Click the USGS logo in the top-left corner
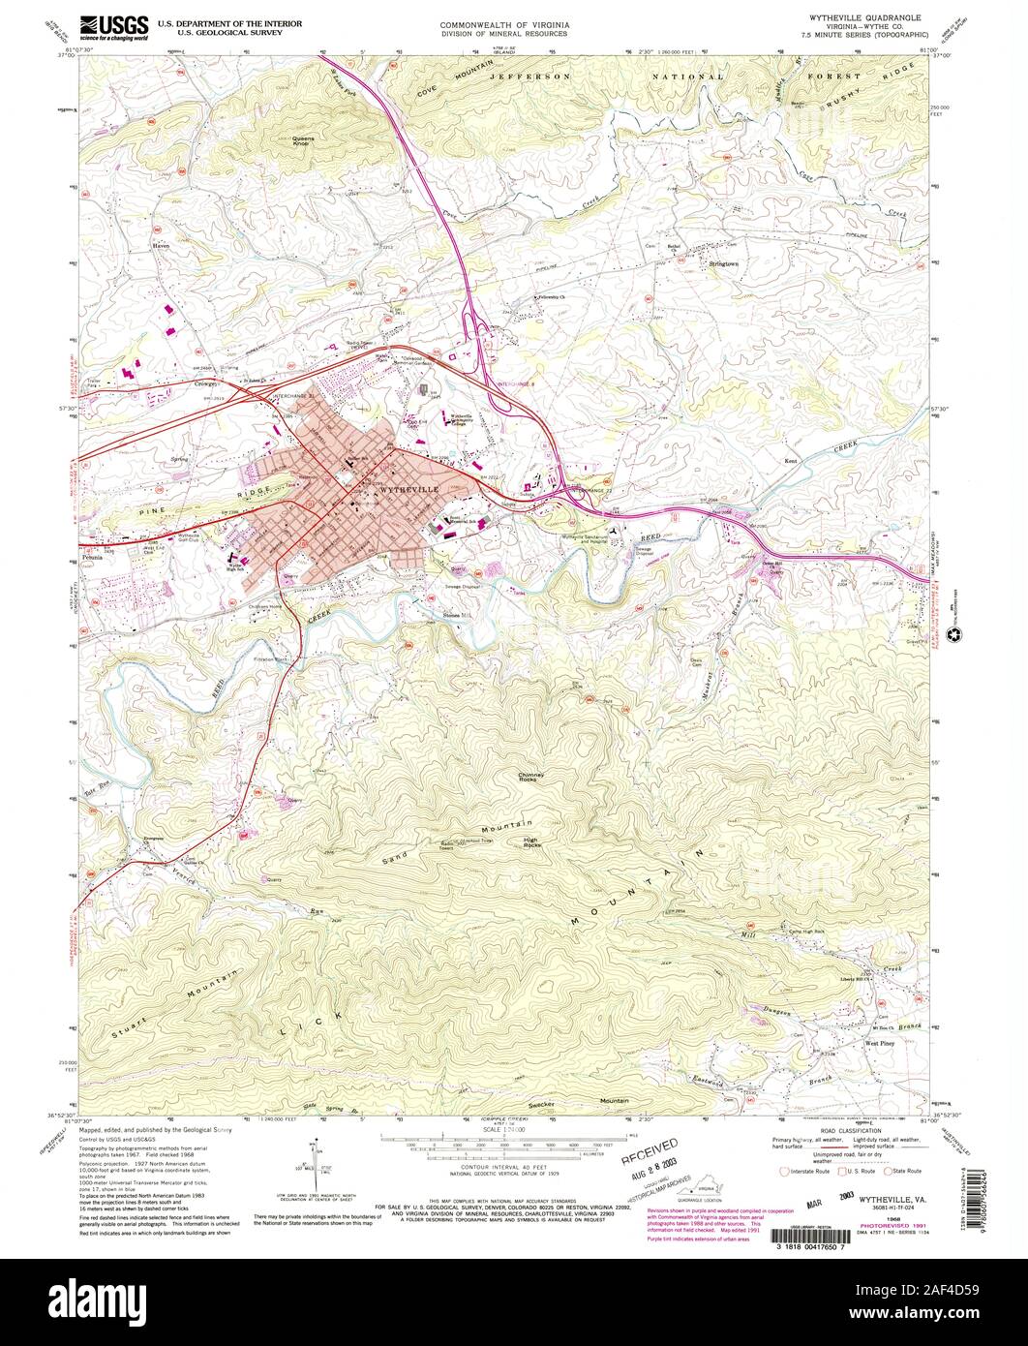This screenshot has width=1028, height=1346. point(113,26)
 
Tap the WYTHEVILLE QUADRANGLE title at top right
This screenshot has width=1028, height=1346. point(874,18)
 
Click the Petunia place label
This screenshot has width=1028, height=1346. point(93,559)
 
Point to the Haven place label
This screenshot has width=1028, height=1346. point(160,247)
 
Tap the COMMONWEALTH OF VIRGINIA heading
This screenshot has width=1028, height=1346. point(503,19)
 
